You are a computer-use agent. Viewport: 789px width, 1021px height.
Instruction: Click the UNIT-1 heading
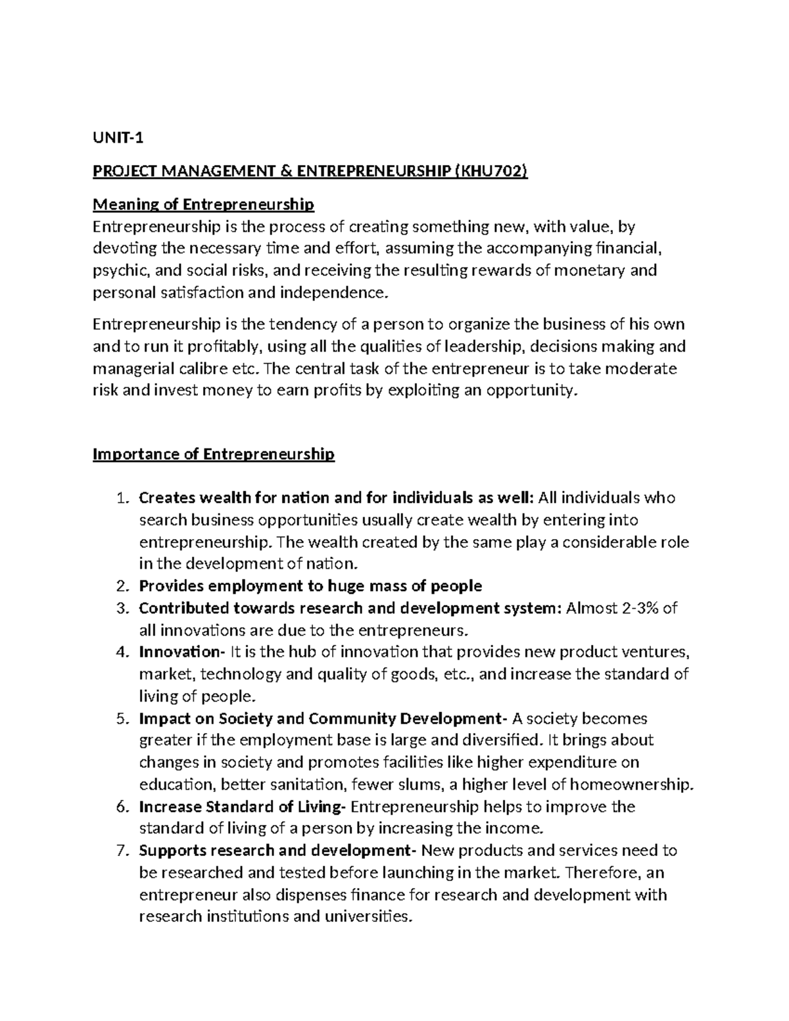tap(118, 138)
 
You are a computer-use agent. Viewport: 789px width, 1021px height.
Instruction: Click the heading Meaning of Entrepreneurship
tap(203, 204)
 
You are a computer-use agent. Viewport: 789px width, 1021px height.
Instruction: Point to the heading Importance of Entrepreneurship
tap(214, 454)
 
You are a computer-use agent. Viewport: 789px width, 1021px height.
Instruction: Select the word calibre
tap(197, 368)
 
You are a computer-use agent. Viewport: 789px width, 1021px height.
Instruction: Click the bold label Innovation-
tap(181, 652)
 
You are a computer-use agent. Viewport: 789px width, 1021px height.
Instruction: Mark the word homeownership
tap(631, 784)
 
